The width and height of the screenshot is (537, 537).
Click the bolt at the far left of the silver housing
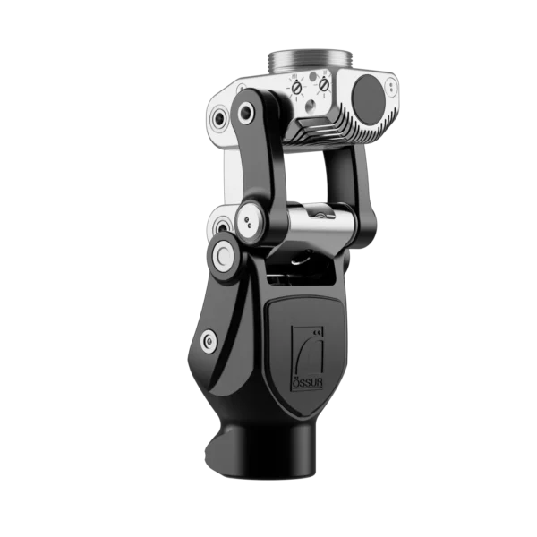coord(217,117)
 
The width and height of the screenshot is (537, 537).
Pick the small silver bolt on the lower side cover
coord(209,339)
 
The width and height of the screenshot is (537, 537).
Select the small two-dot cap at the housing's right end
coord(391,86)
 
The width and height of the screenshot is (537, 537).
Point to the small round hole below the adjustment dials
coord(309,105)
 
